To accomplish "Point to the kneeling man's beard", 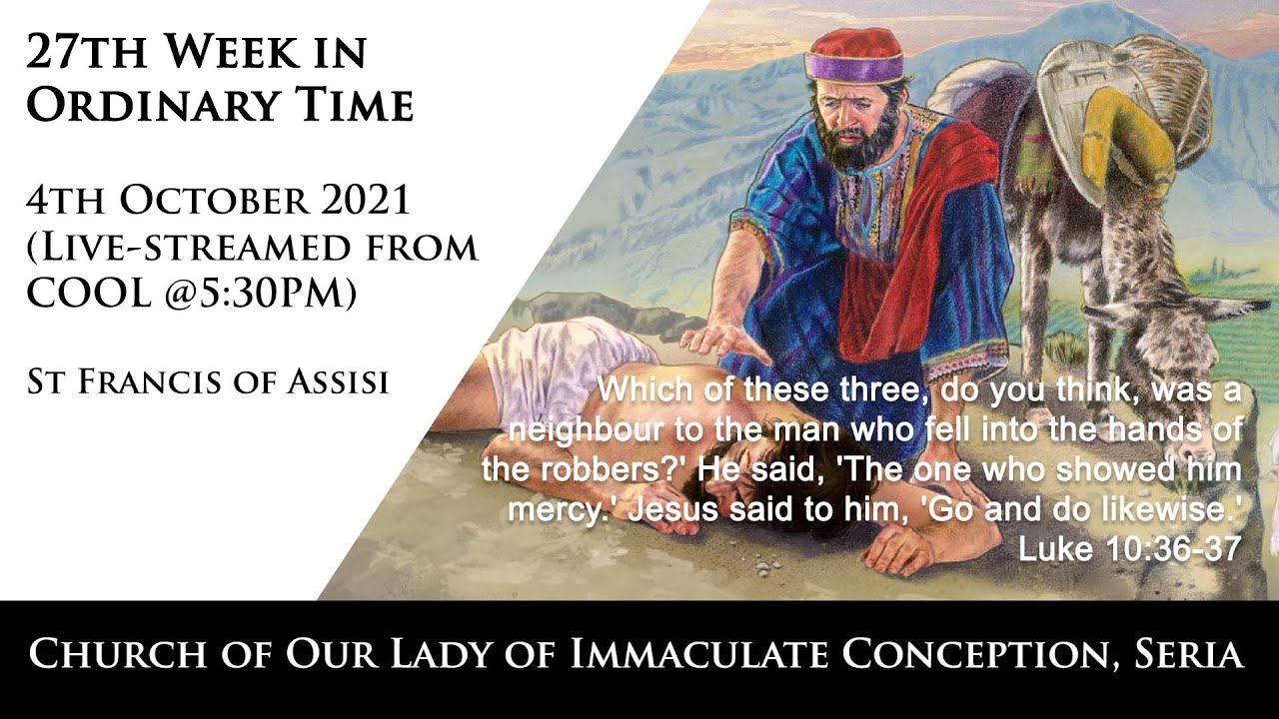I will (x=856, y=145).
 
